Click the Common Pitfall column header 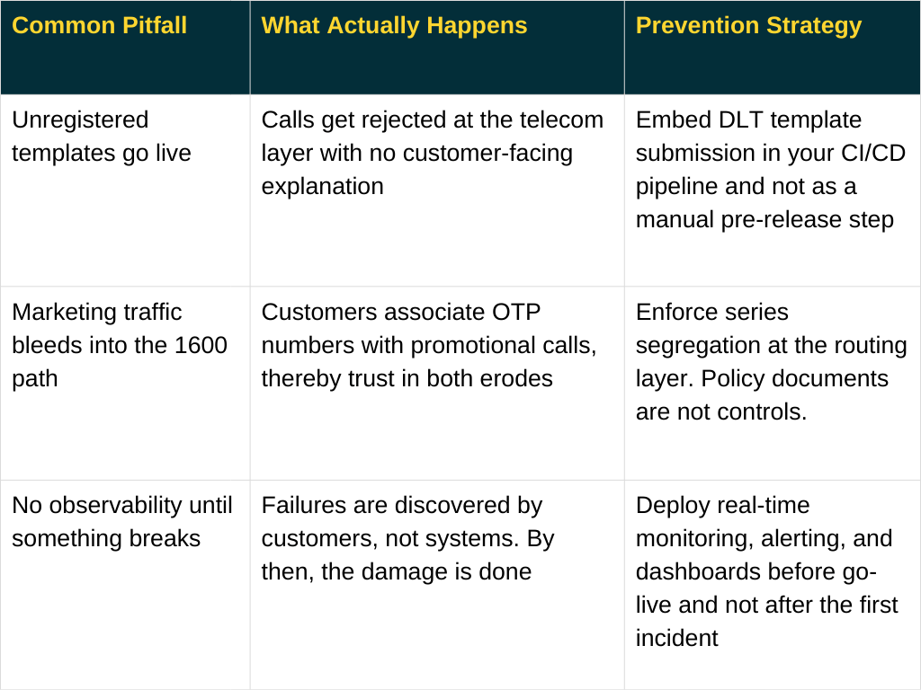[99, 25]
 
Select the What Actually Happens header [394, 25]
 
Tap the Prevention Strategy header [748, 25]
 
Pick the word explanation [322, 186]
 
